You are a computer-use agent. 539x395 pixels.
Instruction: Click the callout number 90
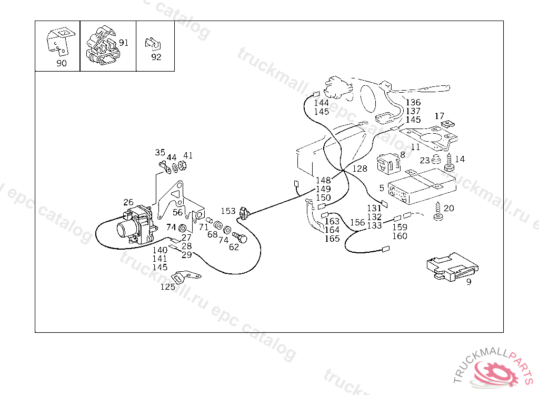click(x=62, y=63)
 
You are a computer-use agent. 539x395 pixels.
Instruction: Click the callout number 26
click(x=128, y=202)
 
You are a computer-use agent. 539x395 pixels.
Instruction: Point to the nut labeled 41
click(x=179, y=167)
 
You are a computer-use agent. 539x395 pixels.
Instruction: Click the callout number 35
click(x=160, y=153)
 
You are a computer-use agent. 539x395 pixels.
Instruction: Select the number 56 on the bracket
click(x=178, y=212)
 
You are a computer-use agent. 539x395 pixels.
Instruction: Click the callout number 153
click(x=228, y=211)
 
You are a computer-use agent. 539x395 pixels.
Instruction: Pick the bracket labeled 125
click(x=186, y=276)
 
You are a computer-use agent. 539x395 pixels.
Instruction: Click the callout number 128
click(x=360, y=169)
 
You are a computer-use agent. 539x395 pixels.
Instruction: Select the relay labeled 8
click(x=388, y=163)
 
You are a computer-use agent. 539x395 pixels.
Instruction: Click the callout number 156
click(x=357, y=222)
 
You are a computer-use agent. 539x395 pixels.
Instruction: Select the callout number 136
click(x=413, y=103)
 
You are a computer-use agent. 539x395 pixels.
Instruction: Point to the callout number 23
click(x=425, y=161)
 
